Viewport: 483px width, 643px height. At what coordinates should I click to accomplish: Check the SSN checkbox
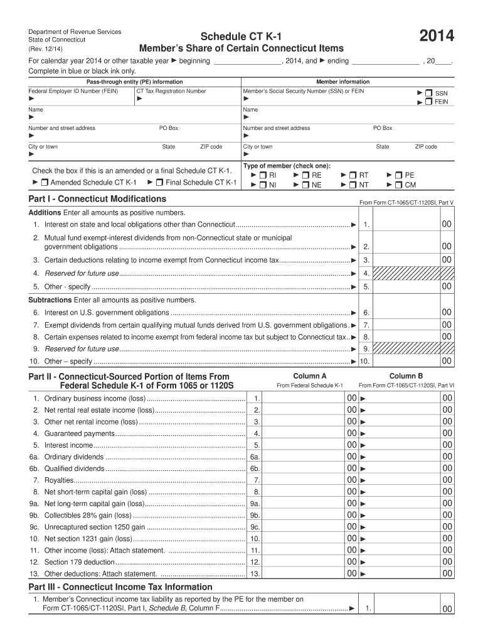428,92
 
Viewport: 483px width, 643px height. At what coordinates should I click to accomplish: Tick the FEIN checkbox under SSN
428,101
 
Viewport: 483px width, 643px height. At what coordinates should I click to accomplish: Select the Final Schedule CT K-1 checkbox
160,183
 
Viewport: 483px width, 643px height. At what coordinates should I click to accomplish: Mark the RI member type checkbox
263,175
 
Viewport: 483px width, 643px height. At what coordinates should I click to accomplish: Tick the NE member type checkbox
305,185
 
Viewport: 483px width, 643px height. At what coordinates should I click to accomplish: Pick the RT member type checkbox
353,175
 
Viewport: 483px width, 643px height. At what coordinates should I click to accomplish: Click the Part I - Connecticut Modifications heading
97,199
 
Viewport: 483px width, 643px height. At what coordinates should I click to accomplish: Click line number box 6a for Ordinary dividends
255,457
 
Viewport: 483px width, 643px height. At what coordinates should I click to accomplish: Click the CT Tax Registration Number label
171,92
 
